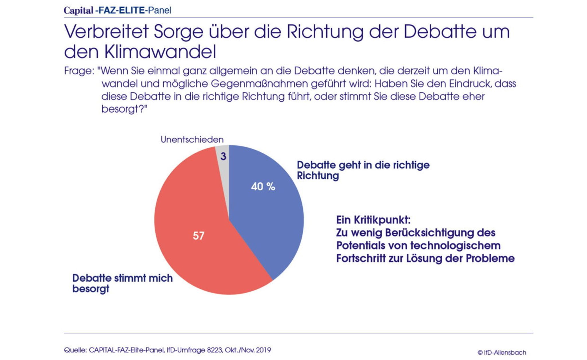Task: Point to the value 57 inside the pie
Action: [x=198, y=236]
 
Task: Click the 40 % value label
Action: [x=263, y=187]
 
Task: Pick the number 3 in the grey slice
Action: [x=223, y=157]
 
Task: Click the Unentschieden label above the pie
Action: [x=192, y=140]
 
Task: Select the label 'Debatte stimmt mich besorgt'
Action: [x=122, y=283]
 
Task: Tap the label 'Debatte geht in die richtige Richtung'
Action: [x=363, y=170]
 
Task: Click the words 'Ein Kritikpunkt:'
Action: [x=373, y=220]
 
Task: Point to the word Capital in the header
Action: [x=78, y=11]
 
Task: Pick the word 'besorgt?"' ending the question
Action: [x=124, y=109]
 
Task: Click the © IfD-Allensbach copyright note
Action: [x=502, y=353]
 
